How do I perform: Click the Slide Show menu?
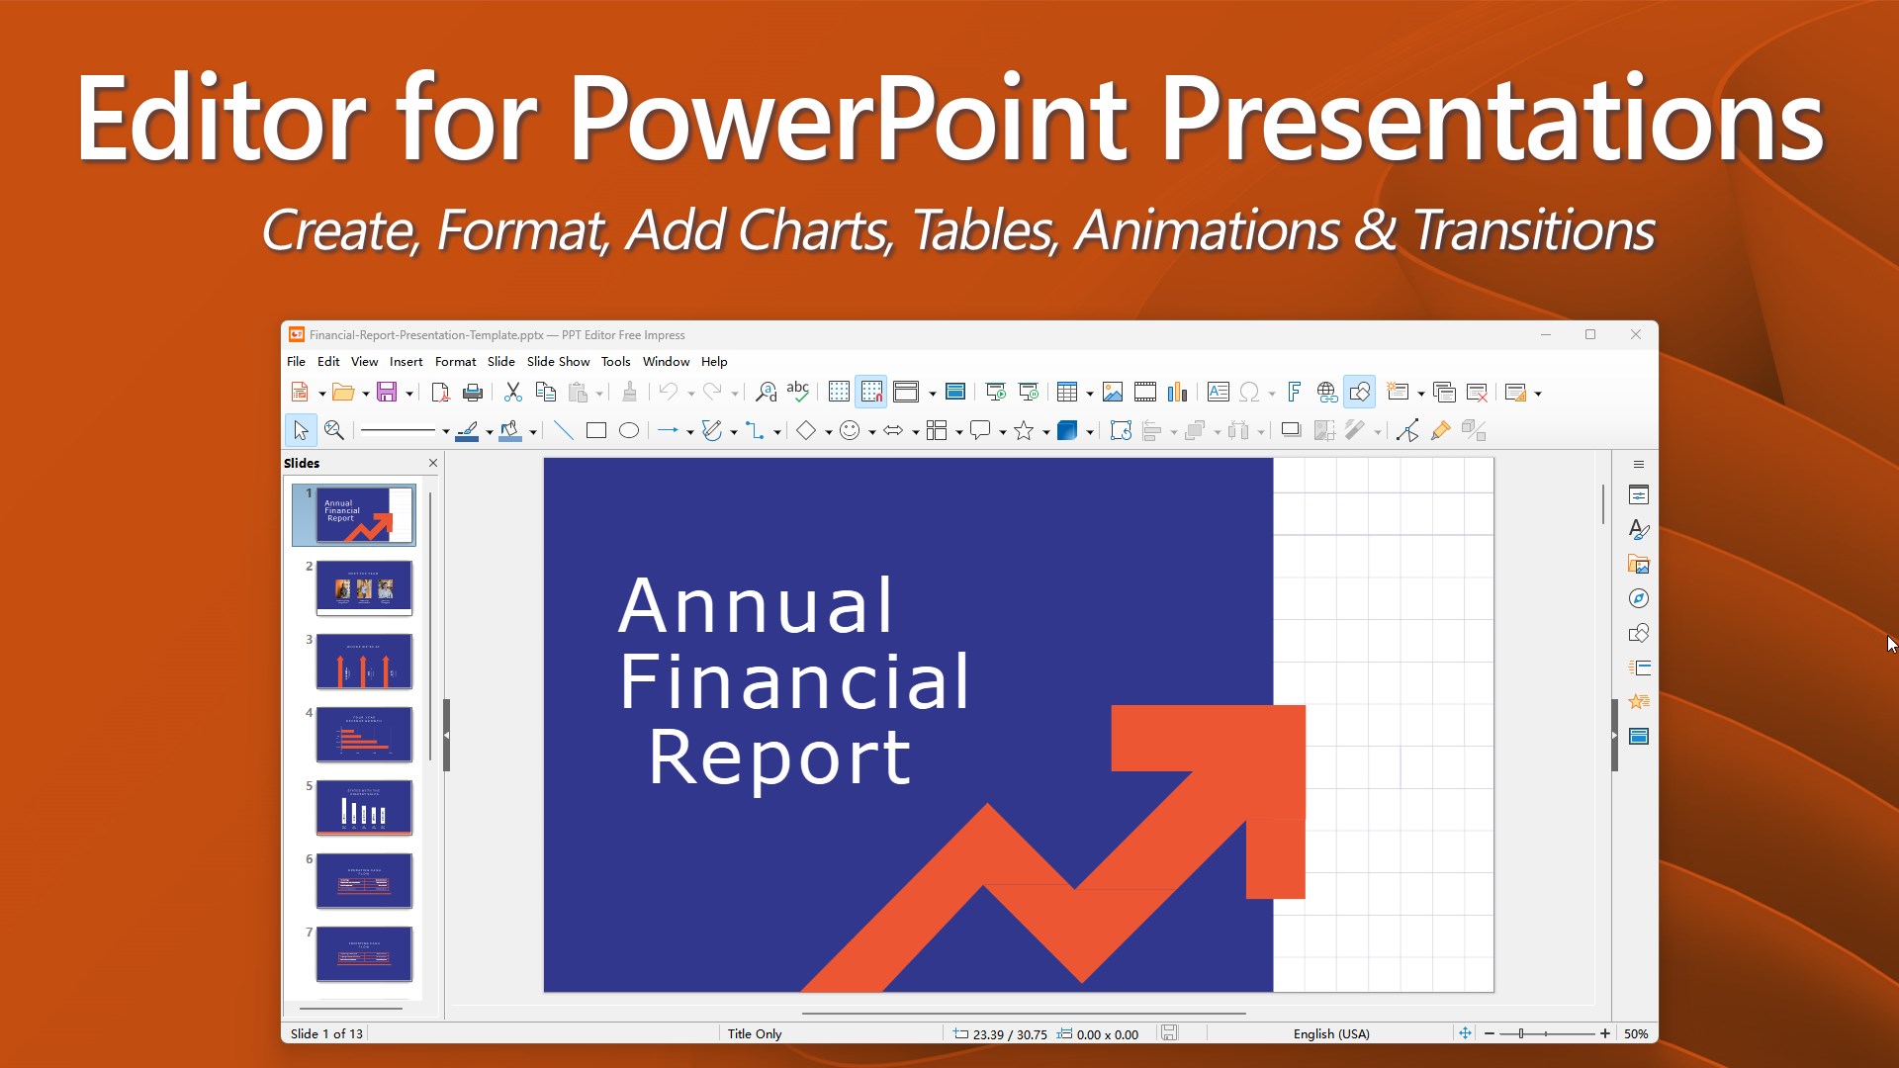(x=558, y=362)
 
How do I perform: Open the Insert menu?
(x=406, y=362)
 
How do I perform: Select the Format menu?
(x=455, y=362)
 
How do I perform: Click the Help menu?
(x=714, y=362)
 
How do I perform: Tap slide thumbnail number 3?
(x=364, y=662)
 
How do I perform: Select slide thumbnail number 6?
(x=364, y=881)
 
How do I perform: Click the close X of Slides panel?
(x=432, y=463)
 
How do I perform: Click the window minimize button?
(x=1545, y=335)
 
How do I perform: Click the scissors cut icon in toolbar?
(x=512, y=393)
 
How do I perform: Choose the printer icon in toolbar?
(x=473, y=393)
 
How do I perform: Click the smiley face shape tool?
(x=849, y=430)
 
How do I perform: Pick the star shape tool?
(x=1024, y=430)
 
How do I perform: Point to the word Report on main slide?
(x=779, y=758)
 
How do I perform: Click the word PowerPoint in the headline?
(x=848, y=121)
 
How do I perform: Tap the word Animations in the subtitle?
(x=1207, y=230)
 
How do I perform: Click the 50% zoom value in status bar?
(x=1636, y=1033)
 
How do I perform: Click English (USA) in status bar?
(x=1331, y=1033)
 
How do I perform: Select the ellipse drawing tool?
(x=628, y=430)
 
